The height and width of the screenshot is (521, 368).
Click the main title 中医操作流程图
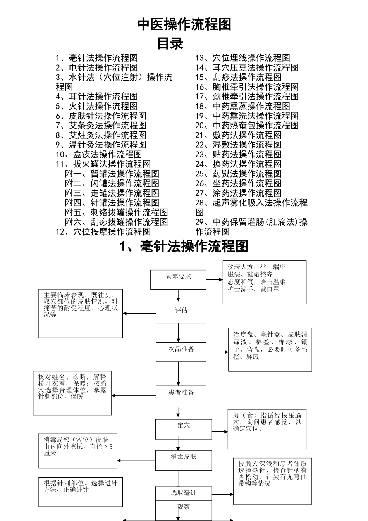(x=184, y=24)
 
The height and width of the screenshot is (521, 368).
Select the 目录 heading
(x=170, y=43)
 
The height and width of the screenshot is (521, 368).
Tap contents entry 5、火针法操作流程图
(x=96, y=106)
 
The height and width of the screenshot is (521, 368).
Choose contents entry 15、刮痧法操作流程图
(x=238, y=77)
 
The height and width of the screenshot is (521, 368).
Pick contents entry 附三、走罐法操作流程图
(x=112, y=193)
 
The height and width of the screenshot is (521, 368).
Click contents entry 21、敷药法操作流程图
(x=238, y=135)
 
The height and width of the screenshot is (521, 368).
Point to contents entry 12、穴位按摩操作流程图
(x=103, y=232)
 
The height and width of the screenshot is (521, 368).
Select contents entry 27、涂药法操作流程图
(x=238, y=193)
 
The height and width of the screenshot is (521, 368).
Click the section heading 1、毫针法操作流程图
(x=184, y=247)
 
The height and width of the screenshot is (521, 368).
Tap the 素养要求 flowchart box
(x=178, y=279)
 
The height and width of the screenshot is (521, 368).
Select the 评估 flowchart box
(x=181, y=313)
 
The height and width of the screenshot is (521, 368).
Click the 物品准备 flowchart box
(x=181, y=352)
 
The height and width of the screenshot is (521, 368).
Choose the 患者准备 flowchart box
(x=181, y=395)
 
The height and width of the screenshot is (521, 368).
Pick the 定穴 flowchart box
(x=184, y=429)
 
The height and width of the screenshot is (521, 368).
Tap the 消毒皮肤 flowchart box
(x=184, y=460)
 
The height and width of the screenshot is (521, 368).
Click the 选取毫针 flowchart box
(x=184, y=493)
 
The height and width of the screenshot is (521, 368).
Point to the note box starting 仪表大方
(x=264, y=282)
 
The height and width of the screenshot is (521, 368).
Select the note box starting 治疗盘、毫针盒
(x=270, y=350)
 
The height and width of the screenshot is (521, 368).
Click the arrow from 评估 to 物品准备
(x=179, y=333)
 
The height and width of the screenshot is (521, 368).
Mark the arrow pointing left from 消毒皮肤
(x=136, y=461)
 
